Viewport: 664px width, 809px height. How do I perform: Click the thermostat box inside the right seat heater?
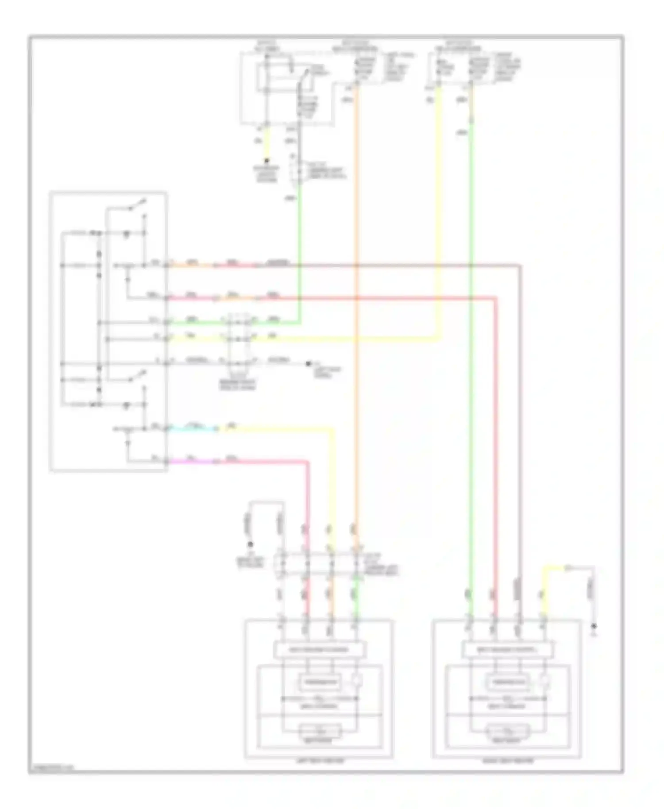[508, 682]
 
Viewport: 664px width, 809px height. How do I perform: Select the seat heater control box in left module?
[320, 650]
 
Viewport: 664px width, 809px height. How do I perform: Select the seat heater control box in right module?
[507, 650]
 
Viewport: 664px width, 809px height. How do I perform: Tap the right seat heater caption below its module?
[507, 761]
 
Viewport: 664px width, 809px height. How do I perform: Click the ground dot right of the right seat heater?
[594, 626]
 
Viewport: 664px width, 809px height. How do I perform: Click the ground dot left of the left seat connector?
[250, 544]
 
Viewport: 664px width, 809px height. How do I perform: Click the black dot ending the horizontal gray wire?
[308, 364]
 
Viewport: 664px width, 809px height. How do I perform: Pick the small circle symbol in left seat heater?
[358, 681]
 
